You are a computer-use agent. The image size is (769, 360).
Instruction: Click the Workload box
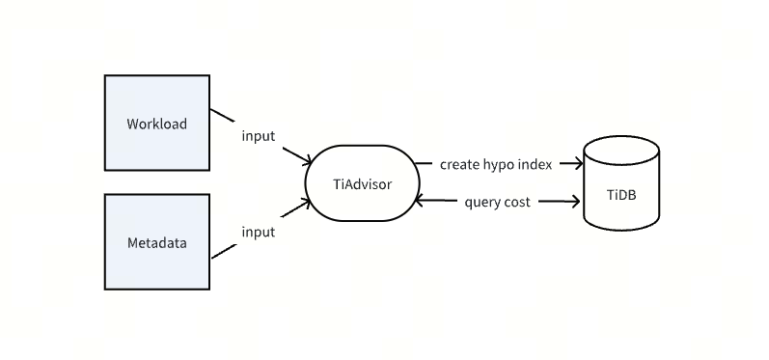156,124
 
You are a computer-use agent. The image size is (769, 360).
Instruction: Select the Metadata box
156,242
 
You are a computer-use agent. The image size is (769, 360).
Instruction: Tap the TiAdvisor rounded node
355,183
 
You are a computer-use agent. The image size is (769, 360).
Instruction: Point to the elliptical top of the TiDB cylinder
621,151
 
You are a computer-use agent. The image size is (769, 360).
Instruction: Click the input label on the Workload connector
258,136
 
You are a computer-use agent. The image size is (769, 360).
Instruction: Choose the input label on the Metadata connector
258,232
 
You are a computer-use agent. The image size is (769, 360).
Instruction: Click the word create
459,164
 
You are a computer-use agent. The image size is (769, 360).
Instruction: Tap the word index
536,164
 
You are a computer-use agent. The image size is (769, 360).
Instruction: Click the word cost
516,203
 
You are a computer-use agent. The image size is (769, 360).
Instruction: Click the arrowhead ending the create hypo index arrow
580,164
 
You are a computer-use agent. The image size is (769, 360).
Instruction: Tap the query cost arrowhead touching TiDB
575,202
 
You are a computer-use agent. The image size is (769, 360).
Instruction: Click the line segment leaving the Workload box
223,116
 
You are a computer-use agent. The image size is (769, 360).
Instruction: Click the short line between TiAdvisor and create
424,164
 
